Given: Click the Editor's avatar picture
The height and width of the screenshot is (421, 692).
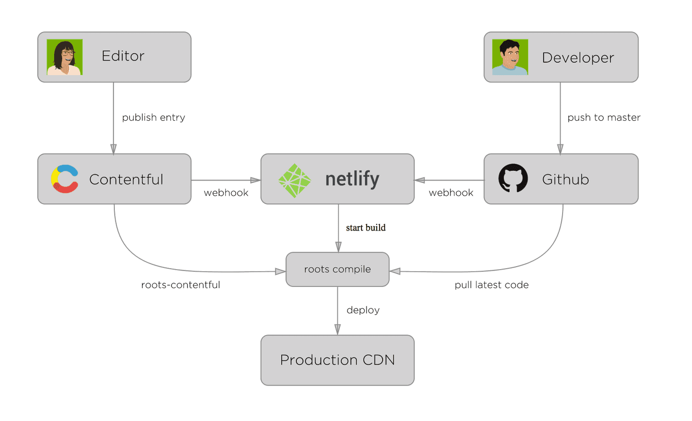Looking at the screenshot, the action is [x=65, y=57].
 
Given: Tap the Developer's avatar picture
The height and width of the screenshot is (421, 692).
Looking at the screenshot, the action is [x=510, y=57].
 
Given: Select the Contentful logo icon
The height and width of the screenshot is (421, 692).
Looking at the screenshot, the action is [x=65, y=179].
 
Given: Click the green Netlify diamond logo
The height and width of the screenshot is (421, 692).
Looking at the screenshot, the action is [x=295, y=181].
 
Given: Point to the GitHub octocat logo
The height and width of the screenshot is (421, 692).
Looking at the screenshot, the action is [x=513, y=178].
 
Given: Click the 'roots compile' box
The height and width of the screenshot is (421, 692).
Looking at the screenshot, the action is [x=337, y=269].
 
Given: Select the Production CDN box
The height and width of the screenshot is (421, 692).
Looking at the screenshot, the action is [x=337, y=360].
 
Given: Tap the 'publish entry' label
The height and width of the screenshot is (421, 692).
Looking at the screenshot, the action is [x=153, y=118].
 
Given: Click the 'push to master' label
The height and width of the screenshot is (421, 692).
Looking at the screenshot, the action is [x=604, y=118].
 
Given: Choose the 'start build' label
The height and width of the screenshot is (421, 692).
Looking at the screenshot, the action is [x=366, y=228].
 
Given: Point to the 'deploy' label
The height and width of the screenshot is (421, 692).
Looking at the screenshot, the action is [x=363, y=310].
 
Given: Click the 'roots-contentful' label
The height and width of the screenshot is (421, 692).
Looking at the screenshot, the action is [x=181, y=285].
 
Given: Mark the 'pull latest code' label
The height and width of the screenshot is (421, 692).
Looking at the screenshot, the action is [x=491, y=285].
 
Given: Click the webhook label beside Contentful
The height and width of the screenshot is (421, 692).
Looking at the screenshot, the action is [x=226, y=193].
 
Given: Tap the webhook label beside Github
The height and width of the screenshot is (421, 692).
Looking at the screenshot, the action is [x=451, y=193].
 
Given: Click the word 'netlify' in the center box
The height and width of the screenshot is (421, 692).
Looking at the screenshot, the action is [x=352, y=179].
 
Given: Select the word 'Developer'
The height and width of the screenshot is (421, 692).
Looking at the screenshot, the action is [x=578, y=58].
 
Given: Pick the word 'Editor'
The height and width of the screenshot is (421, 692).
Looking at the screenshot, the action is [x=123, y=56].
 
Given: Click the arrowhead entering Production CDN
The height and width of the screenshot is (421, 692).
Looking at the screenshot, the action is [x=337, y=330].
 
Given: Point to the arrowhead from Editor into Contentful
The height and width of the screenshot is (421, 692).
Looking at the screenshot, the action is [x=113, y=149].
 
